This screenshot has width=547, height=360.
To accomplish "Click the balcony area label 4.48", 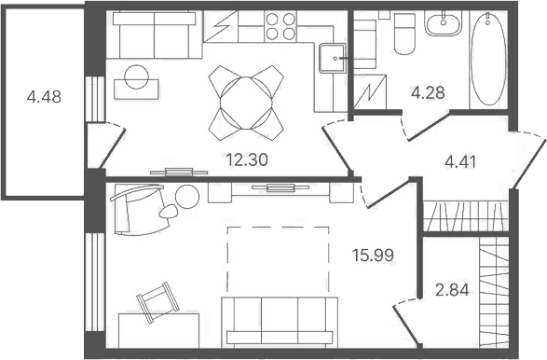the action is [44, 97].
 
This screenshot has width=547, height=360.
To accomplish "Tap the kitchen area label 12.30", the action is [247, 159].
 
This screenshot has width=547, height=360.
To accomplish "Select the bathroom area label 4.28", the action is [428, 93].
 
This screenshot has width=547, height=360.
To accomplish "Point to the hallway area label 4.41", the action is [460, 162].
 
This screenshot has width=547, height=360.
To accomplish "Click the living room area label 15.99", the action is [373, 256].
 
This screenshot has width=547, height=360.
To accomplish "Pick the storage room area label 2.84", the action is [452, 290].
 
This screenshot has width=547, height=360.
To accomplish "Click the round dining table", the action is [246, 103].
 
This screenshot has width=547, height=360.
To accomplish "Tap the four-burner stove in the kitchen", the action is [280, 26].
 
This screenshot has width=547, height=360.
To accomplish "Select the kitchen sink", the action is [334, 58].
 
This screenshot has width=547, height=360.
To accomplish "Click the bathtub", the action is [488, 59].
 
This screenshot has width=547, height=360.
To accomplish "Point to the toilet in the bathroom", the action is [404, 35].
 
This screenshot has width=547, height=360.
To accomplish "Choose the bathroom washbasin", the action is [443, 22].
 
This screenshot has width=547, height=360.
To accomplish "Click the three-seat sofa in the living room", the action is [280, 323].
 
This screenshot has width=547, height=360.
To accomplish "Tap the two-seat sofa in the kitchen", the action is [154, 35].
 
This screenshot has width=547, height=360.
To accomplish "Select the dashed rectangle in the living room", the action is [278, 259].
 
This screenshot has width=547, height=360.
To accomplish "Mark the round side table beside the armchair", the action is [187, 197].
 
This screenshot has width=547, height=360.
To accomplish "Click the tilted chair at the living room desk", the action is [157, 302].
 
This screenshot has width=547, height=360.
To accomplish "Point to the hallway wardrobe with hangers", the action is [466, 216].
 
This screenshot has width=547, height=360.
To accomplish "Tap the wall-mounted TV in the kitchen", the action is [179, 172].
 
